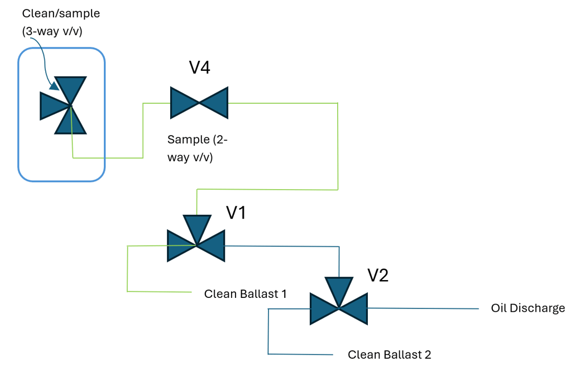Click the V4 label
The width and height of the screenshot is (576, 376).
(199, 68)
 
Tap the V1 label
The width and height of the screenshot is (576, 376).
(236, 213)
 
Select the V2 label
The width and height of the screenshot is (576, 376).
(377, 275)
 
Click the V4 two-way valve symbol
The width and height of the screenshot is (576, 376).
(199, 103)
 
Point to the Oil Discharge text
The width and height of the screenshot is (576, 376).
(528, 308)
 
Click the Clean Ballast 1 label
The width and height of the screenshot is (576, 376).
(246, 293)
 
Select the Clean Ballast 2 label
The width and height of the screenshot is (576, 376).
(390, 354)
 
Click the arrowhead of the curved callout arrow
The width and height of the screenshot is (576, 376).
(54, 86)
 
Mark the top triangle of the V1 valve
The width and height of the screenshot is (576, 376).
(196, 228)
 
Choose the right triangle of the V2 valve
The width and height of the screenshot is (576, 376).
(355, 308)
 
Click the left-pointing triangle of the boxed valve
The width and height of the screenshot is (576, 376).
(53, 106)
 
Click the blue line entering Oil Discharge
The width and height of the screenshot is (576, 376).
(424, 308)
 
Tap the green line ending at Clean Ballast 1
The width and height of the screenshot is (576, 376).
(159, 291)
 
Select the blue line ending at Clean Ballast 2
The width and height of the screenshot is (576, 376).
(301, 354)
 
